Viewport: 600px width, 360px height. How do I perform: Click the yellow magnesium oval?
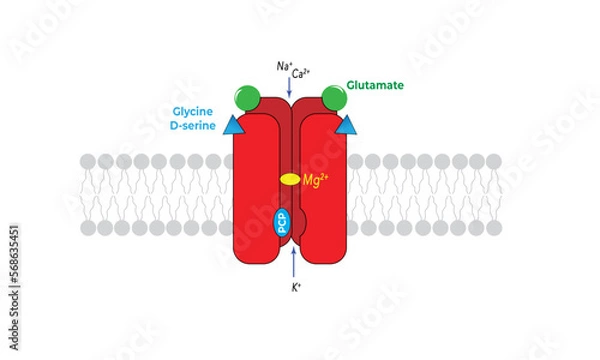289,180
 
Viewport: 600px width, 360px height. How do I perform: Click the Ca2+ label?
301,72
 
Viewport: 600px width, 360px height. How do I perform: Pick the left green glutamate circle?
248,98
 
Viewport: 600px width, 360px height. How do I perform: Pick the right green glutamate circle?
334,98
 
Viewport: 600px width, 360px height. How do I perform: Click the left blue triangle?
233,125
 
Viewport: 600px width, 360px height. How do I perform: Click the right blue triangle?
347,125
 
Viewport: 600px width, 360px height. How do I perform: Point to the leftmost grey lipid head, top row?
88,161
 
